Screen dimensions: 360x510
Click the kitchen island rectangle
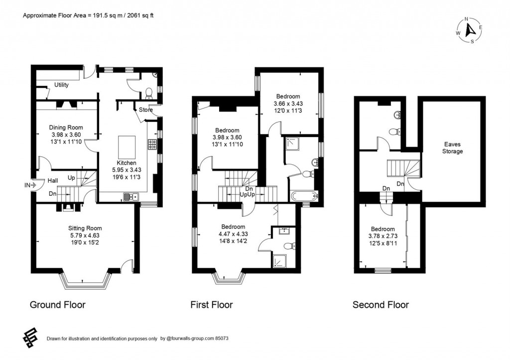[126, 147]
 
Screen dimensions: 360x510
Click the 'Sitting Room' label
[85, 229]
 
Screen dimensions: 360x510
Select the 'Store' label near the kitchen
[145, 110]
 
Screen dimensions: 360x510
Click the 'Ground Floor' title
[57, 305]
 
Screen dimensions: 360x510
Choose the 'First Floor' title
[211, 305]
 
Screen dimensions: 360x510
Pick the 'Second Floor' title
[381, 305]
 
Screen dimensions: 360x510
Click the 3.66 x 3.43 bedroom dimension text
[288, 104]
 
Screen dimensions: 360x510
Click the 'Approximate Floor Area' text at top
[89, 15]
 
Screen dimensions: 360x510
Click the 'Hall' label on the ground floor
[53, 181]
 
